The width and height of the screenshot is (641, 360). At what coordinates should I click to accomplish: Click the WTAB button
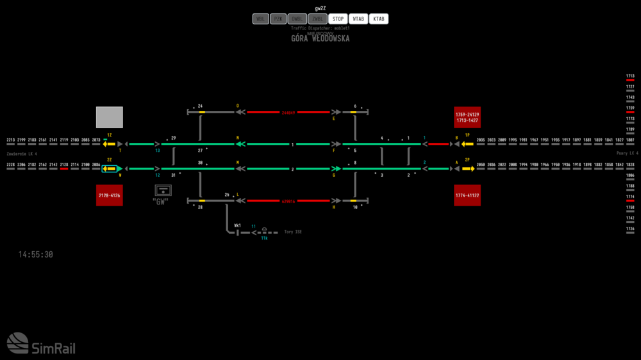(x=358, y=19)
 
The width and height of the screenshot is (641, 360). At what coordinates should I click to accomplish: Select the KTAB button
(x=379, y=19)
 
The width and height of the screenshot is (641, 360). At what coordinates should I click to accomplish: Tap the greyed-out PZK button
(x=278, y=19)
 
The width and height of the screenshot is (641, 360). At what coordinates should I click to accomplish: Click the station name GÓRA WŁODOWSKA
(x=320, y=38)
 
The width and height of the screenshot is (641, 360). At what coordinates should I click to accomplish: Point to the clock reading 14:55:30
(x=36, y=255)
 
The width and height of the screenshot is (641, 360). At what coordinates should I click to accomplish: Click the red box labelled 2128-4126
(x=109, y=195)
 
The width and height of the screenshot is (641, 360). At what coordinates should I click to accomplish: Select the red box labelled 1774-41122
(x=467, y=195)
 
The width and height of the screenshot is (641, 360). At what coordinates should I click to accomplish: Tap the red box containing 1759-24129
(x=467, y=117)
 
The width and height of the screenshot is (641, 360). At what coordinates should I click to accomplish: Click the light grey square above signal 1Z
(x=109, y=117)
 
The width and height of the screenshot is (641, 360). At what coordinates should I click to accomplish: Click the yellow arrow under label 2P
(x=468, y=169)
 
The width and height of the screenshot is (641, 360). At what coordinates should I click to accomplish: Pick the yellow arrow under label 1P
(x=467, y=144)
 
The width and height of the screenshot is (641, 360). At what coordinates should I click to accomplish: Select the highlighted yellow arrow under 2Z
(x=110, y=169)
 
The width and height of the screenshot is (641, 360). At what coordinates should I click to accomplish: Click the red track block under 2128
(x=64, y=169)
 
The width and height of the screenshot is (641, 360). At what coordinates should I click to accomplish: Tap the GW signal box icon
(x=163, y=190)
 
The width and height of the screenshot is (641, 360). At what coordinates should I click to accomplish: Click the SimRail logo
(x=41, y=343)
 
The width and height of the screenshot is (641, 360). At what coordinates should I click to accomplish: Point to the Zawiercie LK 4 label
(x=22, y=154)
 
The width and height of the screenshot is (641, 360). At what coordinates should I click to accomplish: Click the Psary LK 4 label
(x=627, y=154)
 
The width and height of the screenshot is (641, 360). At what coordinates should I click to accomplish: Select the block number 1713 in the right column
(x=630, y=76)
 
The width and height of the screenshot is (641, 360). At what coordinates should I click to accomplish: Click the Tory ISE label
(x=292, y=231)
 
